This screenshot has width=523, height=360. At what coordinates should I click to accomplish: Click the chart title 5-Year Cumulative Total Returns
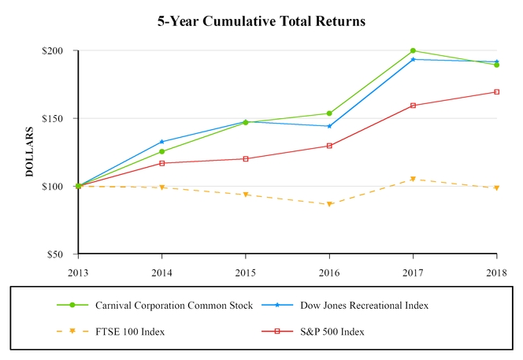pyautogui.click(x=261, y=21)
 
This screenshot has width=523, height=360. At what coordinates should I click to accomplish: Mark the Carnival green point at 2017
pyautogui.click(x=413, y=50)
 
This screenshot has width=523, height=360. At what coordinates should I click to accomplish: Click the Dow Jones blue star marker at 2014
pyautogui.click(x=162, y=142)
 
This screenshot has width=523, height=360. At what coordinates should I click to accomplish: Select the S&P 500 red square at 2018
pyautogui.click(x=496, y=92)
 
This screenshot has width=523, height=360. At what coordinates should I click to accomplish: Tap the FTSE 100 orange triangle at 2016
pyautogui.click(x=329, y=204)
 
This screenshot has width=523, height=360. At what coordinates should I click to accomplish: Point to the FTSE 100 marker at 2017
pyautogui.click(x=413, y=179)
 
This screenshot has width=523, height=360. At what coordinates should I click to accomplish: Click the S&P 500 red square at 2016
pyautogui.click(x=329, y=146)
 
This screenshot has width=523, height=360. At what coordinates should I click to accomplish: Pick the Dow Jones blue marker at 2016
pyautogui.click(x=329, y=126)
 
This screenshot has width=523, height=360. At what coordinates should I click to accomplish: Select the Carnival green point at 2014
pyautogui.click(x=162, y=152)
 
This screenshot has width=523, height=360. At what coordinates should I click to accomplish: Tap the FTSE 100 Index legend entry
pyautogui.click(x=130, y=332)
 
